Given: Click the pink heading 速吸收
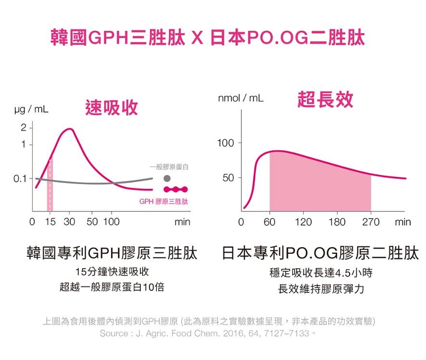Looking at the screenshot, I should pos(111,108).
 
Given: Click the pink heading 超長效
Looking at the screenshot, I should pos(325,99).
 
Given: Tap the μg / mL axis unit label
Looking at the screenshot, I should pos(31,110).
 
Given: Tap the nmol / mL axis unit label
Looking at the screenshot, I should pos(240,98).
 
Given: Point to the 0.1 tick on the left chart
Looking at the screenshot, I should pos(20,178).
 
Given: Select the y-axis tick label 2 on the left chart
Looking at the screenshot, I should pos(23,128).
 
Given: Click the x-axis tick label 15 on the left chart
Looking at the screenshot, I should pos(50,222).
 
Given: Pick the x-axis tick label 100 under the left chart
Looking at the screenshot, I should pos(112,222).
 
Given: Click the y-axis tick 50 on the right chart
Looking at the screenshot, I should pos(227,178).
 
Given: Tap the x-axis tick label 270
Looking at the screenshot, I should pos(370,222).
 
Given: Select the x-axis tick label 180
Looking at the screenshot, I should pos(337,222).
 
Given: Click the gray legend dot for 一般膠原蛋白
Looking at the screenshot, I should pos(167,178).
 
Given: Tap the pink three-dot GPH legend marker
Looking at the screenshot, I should pos(175,189).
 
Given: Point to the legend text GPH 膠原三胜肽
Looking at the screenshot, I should pos(163,201).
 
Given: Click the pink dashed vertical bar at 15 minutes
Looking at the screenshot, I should pos(50,185).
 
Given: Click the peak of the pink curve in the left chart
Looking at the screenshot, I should pos(70,129).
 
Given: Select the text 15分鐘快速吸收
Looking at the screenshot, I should pos(111,272).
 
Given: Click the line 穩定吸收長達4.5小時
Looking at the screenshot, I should pos(321,273).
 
